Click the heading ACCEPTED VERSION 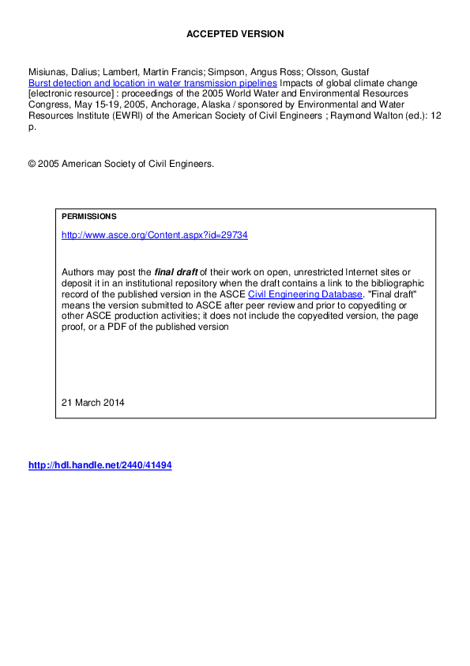[x=235, y=34]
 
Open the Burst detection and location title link [x=152, y=82]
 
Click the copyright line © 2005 [x=121, y=164]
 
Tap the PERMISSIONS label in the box [x=88, y=216]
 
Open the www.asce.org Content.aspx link [x=155, y=235]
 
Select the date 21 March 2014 [x=93, y=402]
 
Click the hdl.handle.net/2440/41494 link [x=100, y=465]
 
